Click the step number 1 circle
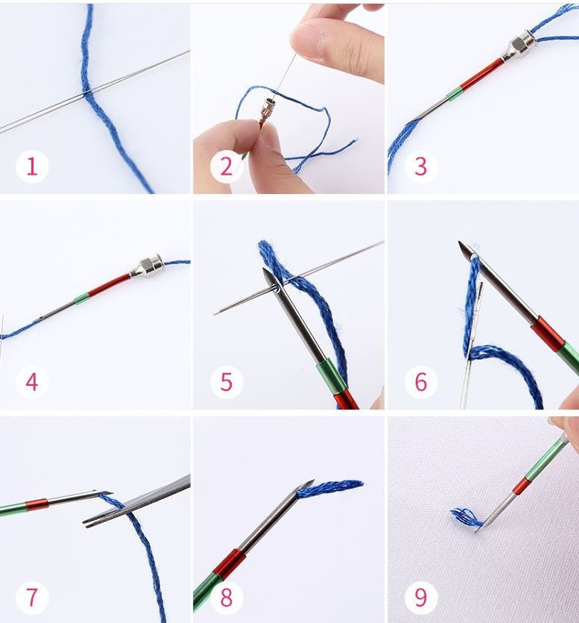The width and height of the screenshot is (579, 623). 32,166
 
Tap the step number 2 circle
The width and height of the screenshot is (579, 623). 227,166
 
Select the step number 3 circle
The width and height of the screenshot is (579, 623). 421,166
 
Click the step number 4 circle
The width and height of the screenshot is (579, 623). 32,382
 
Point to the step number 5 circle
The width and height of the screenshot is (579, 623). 227,382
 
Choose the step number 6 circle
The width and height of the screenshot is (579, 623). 421,382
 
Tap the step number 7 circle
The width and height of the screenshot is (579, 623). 32,597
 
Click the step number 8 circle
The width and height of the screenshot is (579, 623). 227,597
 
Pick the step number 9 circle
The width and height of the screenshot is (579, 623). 421,597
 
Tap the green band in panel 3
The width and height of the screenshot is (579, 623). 455,94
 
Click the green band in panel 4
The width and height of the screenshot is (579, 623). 82,298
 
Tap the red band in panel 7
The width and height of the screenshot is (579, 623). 37,504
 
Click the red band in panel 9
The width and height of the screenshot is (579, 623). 521,486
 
